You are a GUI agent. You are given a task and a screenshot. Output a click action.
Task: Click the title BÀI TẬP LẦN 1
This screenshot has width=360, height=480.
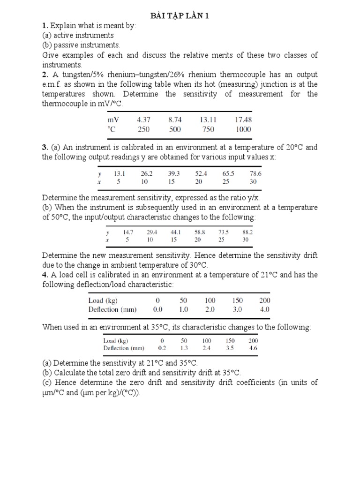click(180, 16)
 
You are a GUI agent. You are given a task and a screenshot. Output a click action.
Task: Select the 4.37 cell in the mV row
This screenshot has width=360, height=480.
click(143, 120)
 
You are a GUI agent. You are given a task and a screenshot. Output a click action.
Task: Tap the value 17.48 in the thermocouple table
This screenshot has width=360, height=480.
click(243, 120)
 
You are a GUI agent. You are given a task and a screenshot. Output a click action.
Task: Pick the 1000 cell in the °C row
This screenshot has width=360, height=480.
click(243, 129)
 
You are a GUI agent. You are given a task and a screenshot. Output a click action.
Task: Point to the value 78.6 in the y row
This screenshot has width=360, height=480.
click(255, 173)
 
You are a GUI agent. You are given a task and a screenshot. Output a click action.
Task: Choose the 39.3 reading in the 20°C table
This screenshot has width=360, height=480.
click(174, 173)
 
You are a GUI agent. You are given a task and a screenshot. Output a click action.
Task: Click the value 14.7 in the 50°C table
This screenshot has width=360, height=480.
click(128, 232)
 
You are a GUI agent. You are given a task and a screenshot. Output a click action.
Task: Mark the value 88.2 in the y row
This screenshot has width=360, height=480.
click(247, 232)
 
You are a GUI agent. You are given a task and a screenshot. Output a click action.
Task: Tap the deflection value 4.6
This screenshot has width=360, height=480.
click(253, 348)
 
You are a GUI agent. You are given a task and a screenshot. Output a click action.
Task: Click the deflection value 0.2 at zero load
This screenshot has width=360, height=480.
click(162, 348)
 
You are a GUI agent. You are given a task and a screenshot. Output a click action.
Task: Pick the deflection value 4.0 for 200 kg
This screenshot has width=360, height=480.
click(264, 309)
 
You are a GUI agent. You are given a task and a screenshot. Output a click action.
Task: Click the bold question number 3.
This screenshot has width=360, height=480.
click(45, 147)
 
